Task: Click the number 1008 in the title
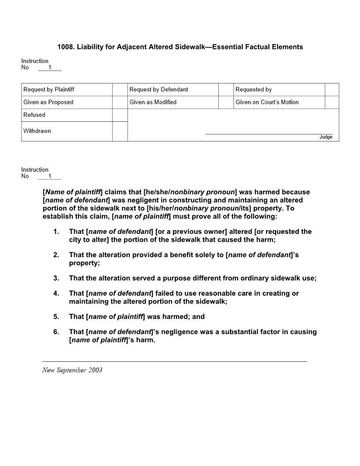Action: tap(65, 47)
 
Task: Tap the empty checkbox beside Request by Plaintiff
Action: tap(120, 90)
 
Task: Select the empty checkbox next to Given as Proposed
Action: tap(120, 102)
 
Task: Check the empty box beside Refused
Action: tap(120, 115)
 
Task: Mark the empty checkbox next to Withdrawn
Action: tap(120, 131)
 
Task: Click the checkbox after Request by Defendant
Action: tap(226, 90)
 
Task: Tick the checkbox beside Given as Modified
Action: tap(226, 102)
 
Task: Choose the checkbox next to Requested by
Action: tap(332, 90)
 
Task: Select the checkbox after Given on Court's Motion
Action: tap(332, 102)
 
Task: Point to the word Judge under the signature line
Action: tap(326, 137)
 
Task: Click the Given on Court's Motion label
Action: tap(267, 102)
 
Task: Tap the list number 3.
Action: tap(56, 278)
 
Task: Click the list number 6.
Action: tap(56, 332)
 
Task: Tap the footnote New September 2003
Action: tap(72, 370)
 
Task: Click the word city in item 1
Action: tap(75, 240)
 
